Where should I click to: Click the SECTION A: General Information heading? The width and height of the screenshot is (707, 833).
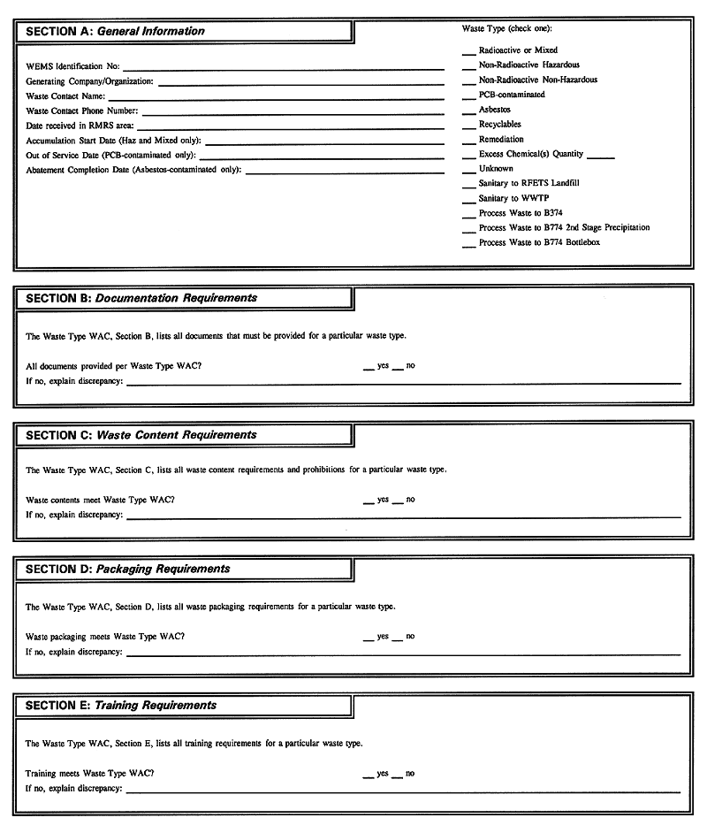coord(115,31)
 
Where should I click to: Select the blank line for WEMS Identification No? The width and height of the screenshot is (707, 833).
coord(283,67)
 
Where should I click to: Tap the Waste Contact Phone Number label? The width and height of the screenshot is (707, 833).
coord(81,111)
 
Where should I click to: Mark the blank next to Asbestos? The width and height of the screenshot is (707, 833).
coord(468,112)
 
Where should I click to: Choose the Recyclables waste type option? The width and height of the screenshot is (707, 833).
coord(499,125)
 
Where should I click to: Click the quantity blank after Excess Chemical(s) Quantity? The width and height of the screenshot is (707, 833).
coord(600,157)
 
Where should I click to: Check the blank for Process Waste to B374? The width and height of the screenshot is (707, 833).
coord(468,216)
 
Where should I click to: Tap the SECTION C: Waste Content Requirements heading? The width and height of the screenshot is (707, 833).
coord(141,435)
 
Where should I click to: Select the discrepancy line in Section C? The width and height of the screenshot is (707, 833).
coord(403,516)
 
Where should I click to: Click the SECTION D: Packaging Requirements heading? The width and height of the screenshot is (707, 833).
coord(128,569)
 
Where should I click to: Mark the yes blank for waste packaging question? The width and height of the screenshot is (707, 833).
coord(369,638)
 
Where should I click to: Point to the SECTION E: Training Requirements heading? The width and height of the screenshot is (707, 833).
coord(121,706)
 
